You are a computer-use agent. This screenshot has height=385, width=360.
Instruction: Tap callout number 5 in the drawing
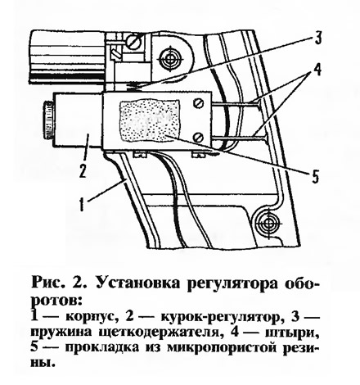315,175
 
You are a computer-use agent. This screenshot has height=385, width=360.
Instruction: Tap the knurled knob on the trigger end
47,120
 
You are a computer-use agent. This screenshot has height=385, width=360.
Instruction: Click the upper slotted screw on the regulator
199,103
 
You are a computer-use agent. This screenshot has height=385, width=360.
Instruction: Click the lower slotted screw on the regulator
199,136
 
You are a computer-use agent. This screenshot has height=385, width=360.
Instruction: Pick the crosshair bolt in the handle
265,221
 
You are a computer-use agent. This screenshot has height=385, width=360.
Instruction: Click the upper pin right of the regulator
236,103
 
